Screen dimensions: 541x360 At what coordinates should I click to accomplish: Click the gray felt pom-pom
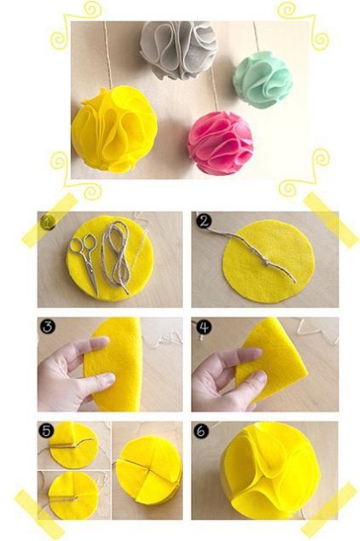tap(178, 49)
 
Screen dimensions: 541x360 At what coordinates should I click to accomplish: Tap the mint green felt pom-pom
tap(263, 79)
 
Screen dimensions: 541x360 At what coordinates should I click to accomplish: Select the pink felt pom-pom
tap(220, 142)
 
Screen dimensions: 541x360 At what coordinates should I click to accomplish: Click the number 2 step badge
tap(204, 222)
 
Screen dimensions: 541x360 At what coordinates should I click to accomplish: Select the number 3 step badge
tap(48, 327)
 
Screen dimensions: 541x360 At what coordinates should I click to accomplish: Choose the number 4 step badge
tap(204, 327)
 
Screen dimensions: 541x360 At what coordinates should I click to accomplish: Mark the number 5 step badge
tap(46, 430)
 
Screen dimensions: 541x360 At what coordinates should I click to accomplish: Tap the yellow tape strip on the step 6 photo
tap(328, 509)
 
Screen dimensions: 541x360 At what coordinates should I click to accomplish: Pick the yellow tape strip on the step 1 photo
tap(49, 220)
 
